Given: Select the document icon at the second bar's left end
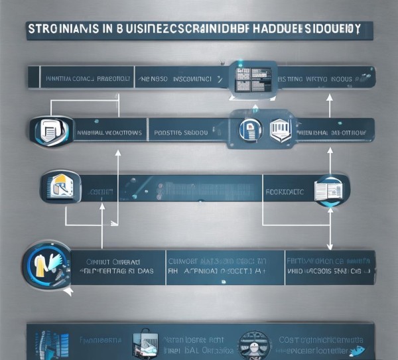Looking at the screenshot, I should click(x=52, y=130).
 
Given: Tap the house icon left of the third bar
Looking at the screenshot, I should click(x=59, y=184).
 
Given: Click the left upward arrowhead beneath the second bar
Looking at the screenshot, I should click(x=117, y=153).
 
